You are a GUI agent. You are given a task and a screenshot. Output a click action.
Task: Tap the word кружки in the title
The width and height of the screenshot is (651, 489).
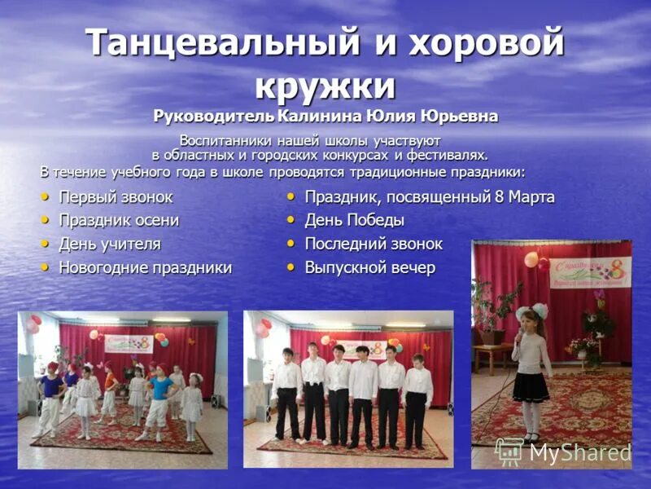325,85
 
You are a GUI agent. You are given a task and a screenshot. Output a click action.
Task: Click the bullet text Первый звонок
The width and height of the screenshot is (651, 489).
116,196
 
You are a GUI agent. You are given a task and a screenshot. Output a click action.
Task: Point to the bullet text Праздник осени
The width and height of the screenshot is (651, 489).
119,220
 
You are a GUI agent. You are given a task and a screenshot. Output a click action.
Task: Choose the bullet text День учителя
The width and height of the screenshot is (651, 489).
110,244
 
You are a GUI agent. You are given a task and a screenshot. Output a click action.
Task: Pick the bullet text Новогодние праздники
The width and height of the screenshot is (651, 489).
145,267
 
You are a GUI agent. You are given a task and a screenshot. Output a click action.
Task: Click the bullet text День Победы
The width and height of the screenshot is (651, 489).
354,220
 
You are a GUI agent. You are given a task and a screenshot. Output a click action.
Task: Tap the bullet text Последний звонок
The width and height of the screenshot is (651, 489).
374,244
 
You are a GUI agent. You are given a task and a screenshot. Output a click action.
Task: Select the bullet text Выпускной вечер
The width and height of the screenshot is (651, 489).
369,267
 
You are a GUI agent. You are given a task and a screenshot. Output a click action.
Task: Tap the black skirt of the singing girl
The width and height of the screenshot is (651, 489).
531,385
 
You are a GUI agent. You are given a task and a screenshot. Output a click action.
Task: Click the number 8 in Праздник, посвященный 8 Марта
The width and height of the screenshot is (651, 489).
500,196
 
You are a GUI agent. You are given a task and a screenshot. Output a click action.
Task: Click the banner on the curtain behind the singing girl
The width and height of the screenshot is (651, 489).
589,272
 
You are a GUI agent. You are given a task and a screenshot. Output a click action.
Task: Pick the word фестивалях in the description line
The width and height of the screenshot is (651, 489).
448,154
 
